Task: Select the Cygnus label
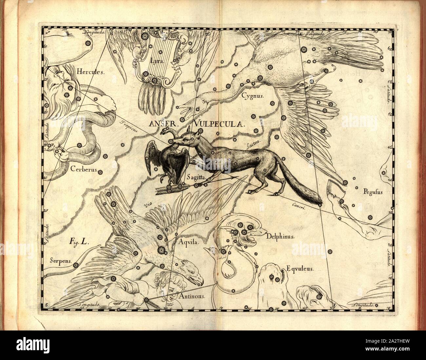pos(252,96)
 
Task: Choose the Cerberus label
pos(83,170)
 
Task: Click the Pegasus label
pos(373,193)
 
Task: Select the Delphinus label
pos(281,236)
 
